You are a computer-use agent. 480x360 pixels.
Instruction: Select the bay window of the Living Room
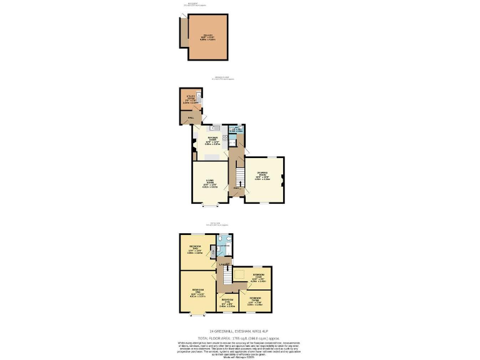tap(210, 204)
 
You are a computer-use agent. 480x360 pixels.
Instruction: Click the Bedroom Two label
tap(195, 250)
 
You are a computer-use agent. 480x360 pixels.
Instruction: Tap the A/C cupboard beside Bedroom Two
tap(214, 250)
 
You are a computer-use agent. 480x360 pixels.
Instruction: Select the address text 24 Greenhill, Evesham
tap(239, 331)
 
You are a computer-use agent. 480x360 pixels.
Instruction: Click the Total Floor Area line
tap(239, 337)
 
